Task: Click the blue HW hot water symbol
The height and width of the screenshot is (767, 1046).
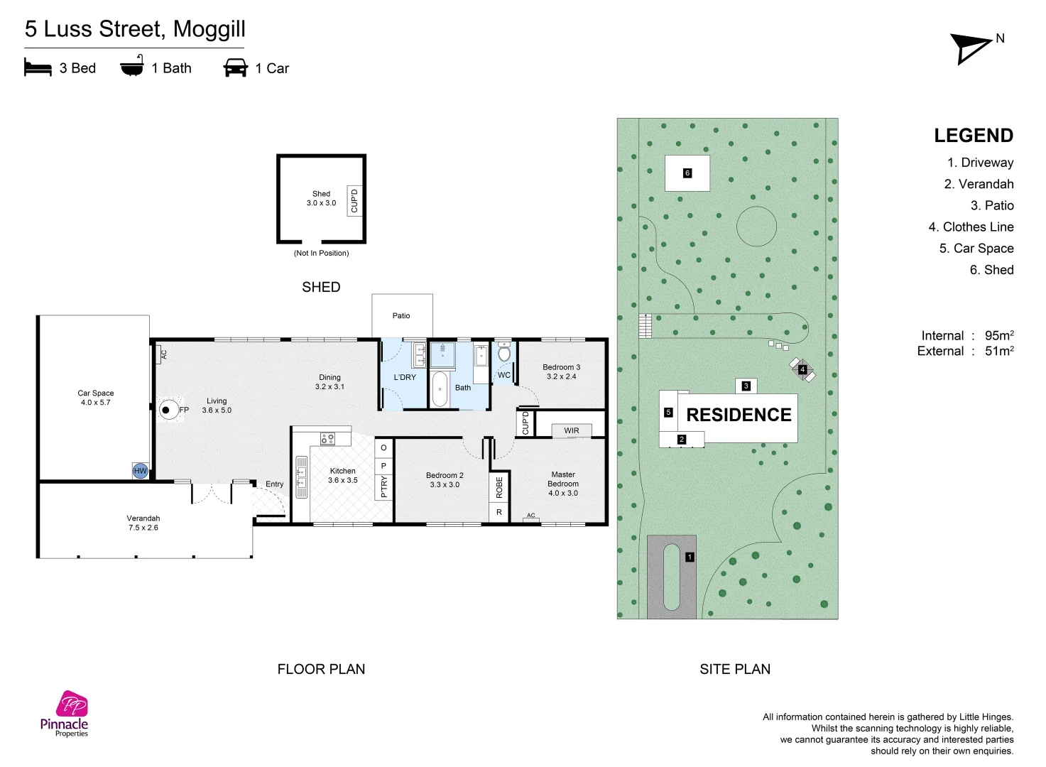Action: [x=141, y=471]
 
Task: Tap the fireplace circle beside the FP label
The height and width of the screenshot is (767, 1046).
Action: [x=168, y=410]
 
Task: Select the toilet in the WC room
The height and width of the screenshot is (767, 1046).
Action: [x=504, y=352]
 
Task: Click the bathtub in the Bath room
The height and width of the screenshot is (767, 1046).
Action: [x=440, y=389]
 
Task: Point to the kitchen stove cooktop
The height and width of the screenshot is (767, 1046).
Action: [x=327, y=439]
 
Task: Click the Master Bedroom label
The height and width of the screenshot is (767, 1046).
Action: [x=563, y=484]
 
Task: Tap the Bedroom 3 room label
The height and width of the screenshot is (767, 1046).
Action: [x=561, y=372]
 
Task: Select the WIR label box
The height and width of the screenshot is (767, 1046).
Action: [x=572, y=430]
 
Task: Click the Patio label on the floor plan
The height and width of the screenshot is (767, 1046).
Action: [x=401, y=316]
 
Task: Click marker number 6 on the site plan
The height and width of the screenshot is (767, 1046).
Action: [x=687, y=173]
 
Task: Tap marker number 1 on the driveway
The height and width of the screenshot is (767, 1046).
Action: [x=690, y=557]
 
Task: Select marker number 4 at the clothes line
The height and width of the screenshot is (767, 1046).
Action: [x=802, y=369]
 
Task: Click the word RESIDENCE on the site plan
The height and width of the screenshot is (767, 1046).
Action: [x=739, y=415]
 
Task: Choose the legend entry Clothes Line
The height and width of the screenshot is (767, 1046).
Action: [x=971, y=227]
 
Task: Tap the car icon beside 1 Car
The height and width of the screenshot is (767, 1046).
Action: [x=235, y=67]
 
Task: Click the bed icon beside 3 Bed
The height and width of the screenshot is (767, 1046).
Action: [x=38, y=67]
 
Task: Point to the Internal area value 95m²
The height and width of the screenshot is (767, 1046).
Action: [x=999, y=335]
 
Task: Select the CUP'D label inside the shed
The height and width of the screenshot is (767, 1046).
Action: [x=354, y=201]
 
